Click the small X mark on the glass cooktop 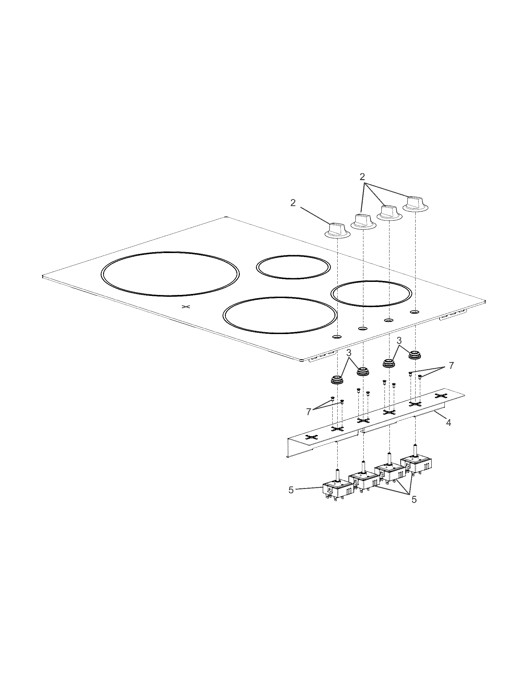coord(186,306)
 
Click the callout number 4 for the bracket coord(448,423)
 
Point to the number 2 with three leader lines coord(362,177)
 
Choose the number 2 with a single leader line coord(293,203)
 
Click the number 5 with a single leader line coord(291,490)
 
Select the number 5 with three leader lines coord(414,500)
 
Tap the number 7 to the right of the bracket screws coord(451,366)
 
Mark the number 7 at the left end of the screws coord(309,412)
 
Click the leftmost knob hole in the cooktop coord(337,337)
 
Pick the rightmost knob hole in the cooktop coord(415,312)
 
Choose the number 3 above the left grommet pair coord(349,353)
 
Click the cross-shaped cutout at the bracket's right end coord(440,396)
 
